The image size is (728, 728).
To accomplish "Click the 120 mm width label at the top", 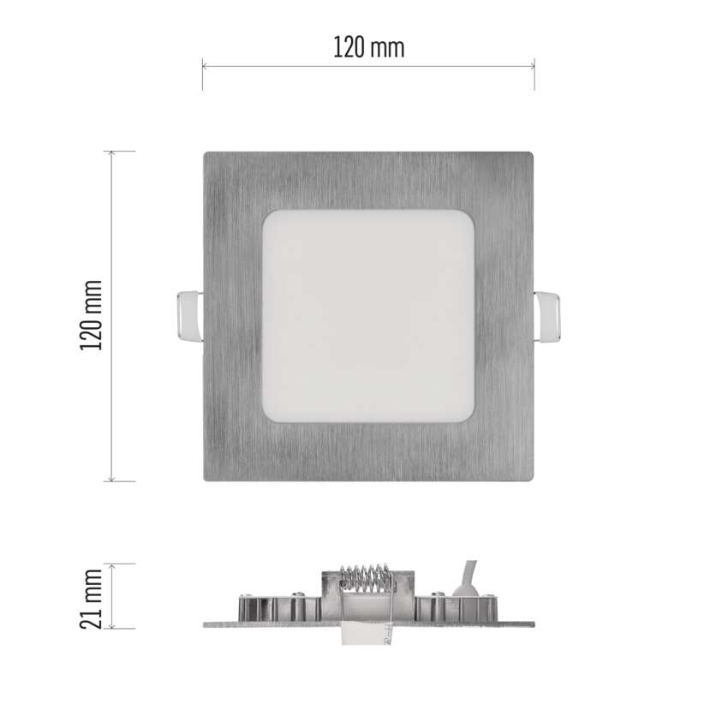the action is tap(369, 48).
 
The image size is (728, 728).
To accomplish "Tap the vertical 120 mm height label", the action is tap(91, 315).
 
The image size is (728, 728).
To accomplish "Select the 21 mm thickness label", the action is tap(91, 599).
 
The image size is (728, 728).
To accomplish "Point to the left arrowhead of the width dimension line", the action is tap(206, 67).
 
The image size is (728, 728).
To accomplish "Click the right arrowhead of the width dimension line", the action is tap(532, 67).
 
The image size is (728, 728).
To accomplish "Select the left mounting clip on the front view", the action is tap(190, 317).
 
